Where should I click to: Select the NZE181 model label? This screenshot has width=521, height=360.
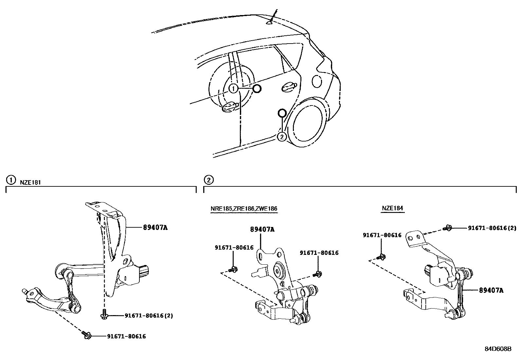click(30, 182)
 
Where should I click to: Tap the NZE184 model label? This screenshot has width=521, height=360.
click(393, 208)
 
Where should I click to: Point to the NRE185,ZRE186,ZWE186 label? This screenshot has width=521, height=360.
click(244, 209)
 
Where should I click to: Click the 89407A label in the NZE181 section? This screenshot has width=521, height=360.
click(155, 227)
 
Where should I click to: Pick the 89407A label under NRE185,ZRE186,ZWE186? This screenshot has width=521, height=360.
click(262, 230)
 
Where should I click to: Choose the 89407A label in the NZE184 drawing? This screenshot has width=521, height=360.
click(491, 290)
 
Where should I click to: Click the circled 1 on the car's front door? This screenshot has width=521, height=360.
click(233, 88)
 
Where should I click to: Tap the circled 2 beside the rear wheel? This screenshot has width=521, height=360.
click(282, 137)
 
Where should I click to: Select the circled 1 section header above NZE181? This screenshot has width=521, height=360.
click(11, 180)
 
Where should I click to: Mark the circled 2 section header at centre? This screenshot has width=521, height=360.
click(208, 180)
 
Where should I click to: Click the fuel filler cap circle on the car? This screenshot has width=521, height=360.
click(317, 81)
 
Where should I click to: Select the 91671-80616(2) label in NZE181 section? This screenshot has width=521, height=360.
click(149, 316)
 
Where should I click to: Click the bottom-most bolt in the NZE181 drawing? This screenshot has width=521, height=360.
click(86, 334)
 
